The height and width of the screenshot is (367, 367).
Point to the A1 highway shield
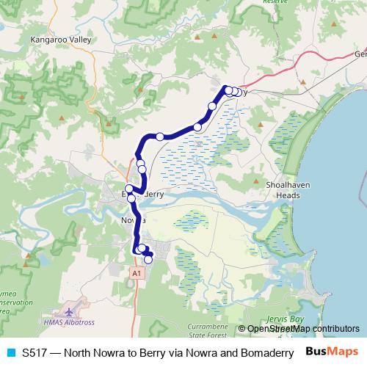click(135, 273)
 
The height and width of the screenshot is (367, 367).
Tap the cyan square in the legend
click(10, 352)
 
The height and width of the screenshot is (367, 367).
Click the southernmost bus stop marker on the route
click(148, 259)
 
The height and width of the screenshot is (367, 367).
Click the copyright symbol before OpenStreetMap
click(242, 329)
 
